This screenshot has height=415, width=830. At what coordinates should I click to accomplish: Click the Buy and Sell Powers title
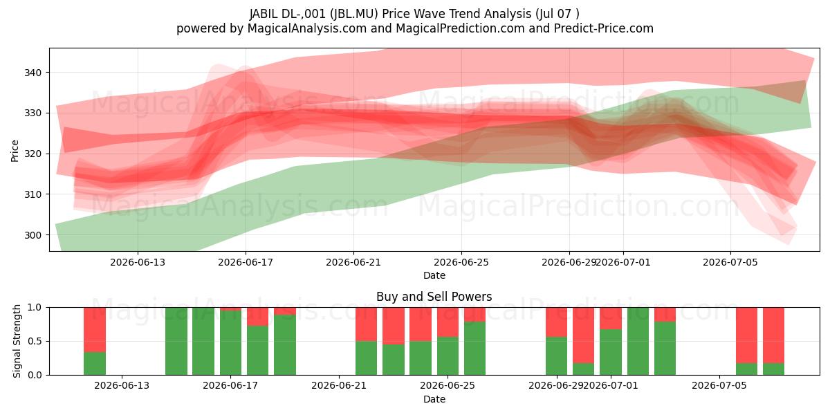coord(434,297)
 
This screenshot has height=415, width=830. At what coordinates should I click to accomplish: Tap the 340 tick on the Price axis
coord(33,73)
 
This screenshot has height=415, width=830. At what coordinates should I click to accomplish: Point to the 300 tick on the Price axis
coord(33,235)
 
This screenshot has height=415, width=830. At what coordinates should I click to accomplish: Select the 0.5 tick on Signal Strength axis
coord(35,341)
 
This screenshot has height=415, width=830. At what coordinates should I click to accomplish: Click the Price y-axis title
coord(15,151)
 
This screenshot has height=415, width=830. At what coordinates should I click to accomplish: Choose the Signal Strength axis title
coord(17,341)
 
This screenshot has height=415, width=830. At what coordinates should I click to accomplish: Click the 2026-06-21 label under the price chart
coord(353,262)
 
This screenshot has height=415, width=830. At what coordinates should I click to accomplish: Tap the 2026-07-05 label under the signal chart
coord(719,385)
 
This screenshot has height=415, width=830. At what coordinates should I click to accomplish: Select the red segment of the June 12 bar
coord(95,329)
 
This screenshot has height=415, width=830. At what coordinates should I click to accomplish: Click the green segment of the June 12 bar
coord(95,364)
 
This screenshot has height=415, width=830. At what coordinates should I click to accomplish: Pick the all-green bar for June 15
coord(176,341)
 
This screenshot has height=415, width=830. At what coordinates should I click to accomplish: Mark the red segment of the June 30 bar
coord(584,335)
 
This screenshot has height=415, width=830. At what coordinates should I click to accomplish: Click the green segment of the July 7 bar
coord(773,369)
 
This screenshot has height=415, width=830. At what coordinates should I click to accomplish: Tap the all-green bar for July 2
coord(638,341)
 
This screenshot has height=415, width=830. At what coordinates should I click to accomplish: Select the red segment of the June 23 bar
coord(393,326)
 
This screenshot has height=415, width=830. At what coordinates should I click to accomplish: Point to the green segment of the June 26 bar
coord(474,349)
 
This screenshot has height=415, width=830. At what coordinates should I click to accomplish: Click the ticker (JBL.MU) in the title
coord(354,14)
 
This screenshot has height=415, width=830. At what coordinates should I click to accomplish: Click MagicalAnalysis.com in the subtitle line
coord(307,28)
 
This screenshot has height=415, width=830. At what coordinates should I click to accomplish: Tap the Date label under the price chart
coord(434,276)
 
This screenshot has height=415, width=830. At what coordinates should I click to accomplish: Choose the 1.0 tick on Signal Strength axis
coord(35,308)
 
